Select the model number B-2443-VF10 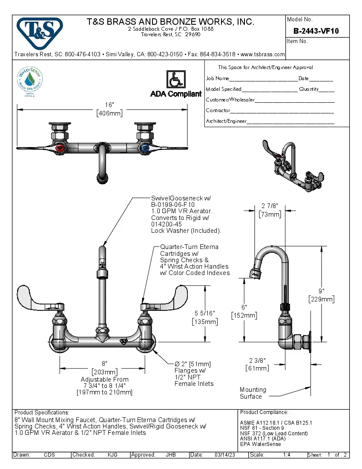pos(316,31)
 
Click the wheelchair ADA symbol pos(175,79)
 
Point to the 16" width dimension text pos(109,105)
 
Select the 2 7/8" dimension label pos(270,206)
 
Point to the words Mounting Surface pos(253,393)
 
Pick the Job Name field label pos(217,78)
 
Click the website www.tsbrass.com pos(262,55)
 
